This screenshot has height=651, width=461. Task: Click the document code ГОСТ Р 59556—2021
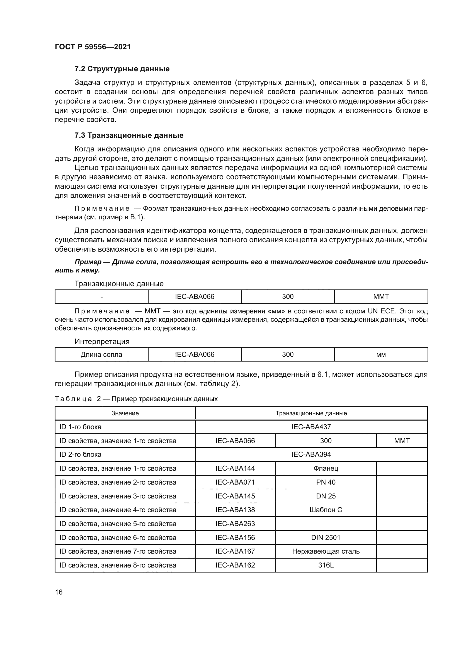coord(93,47)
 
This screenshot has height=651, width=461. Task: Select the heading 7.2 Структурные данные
coord(122,69)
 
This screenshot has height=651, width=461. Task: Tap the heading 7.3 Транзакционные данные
coord(129,136)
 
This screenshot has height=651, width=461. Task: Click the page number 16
coord(59,592)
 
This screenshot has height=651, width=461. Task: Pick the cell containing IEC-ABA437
coord(311,427)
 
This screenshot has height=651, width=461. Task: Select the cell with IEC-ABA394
coord(311,455)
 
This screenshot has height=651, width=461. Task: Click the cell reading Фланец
coord(326,468)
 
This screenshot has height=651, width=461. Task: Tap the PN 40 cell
coord(326,482)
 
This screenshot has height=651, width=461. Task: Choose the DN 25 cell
coord(326,496)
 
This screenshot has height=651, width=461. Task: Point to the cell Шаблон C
coord(326,510)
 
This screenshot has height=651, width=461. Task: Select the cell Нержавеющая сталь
coord(326,551)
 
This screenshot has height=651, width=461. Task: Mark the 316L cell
coord(326,565)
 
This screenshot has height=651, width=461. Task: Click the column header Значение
coord(125,413)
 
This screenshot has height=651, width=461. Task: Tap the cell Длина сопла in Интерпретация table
coord(101,355)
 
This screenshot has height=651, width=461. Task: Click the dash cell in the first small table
coord(101,297)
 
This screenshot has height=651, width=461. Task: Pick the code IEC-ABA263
coord(235,524)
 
